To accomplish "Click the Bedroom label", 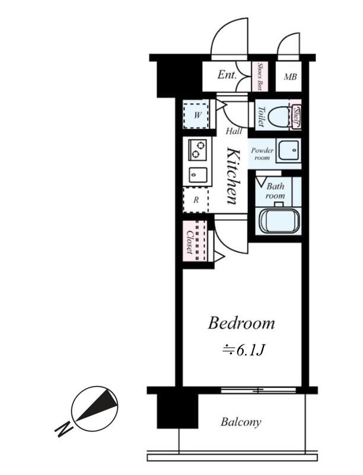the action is (241, 323).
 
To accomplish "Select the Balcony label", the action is (241, 422).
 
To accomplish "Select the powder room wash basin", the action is (289, 150).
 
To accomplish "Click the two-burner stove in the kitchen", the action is (198, 150).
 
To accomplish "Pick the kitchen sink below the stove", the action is (198, 175).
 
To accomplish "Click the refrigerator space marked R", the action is (196, 200).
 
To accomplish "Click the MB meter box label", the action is (290, 77).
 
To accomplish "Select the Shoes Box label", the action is (259, 77).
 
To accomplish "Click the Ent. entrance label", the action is (227, 75).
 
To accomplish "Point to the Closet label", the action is (190, 242).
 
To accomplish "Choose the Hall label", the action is (234, 131).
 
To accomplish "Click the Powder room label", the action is (262, 154).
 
